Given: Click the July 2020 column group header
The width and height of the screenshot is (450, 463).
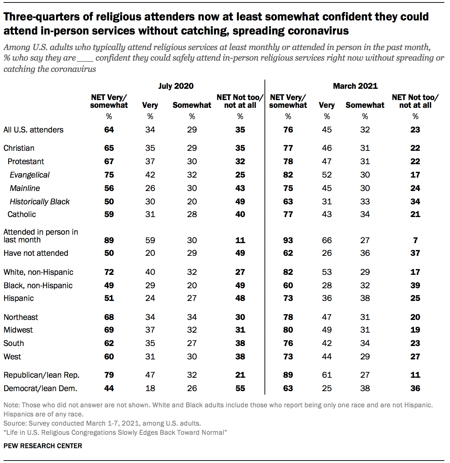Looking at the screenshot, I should [176, 86].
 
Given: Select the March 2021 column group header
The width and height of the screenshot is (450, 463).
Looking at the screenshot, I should [355, 86].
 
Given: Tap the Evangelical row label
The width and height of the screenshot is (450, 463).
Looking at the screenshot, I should [30, 175].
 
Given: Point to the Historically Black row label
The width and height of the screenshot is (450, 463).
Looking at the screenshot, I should [39, 202].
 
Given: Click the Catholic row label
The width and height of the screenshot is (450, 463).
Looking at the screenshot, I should [22, 214].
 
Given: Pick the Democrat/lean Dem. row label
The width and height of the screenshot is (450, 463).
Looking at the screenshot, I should [40, 388].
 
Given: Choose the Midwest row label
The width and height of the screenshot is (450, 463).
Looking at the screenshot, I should [18, 330].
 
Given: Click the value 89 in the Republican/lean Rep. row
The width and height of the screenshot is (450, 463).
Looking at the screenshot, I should [288, 375].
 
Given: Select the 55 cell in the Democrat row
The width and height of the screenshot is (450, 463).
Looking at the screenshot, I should [240, 388].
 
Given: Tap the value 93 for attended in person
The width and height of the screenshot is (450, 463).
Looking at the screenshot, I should [288, 240].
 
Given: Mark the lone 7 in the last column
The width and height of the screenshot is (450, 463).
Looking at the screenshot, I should [415, 240].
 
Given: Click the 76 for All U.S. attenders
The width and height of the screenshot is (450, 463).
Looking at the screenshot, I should [288, 130].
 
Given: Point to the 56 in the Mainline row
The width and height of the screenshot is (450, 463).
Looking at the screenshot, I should [109, 188].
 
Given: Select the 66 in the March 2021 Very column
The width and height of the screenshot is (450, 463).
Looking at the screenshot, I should [327, 240].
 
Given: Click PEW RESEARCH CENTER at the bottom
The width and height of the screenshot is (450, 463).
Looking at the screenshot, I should [43, 446].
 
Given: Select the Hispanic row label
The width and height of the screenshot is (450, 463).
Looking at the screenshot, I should [19, 298].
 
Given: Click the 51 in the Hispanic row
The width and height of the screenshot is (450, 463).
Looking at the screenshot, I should [109, 298].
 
